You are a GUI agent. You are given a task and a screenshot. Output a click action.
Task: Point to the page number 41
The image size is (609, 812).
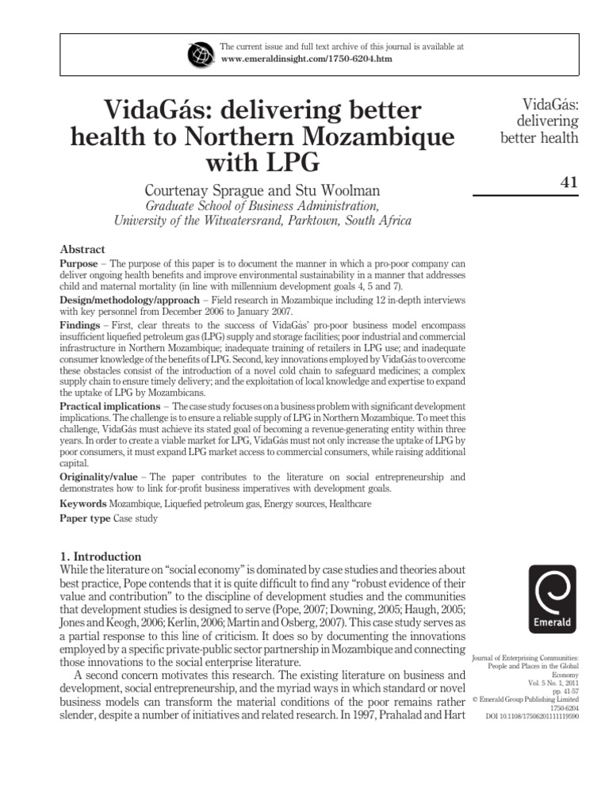tap(569, 182)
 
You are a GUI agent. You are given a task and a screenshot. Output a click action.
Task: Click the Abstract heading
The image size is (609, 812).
tap(82, 248)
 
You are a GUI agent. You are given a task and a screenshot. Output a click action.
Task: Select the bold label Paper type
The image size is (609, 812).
tap(85, 519)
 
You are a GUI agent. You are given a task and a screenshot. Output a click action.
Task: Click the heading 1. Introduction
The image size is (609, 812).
tap(101, 557)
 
